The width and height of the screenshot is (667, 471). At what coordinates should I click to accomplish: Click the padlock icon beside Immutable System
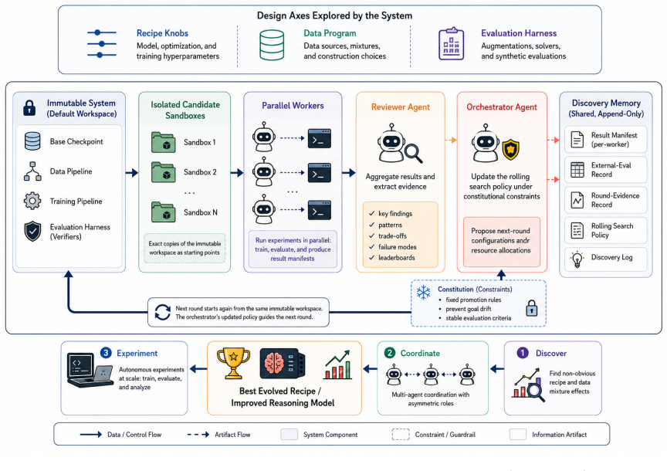point(29,108)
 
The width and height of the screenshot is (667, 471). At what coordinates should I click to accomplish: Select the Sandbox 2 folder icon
point(164,172)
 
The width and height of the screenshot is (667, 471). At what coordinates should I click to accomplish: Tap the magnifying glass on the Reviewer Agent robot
point(413,153)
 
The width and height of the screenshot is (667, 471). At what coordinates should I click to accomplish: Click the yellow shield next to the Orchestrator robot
point(510,150)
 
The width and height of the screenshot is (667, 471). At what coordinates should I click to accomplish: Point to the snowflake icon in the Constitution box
point(423,293)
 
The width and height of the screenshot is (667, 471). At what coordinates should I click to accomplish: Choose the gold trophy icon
point(233,363)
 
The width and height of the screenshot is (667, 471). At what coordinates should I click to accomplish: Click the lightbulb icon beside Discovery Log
point(577,259)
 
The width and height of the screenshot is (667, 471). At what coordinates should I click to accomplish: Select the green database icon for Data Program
point(272,45)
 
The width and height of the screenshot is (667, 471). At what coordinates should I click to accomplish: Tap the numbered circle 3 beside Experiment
point(106,353)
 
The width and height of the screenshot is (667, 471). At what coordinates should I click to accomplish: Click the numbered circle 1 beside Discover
point(523,353)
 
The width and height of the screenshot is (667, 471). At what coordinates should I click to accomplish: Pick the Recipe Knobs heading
point(162,33)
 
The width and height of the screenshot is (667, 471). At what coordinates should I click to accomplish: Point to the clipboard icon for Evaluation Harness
point(451,44)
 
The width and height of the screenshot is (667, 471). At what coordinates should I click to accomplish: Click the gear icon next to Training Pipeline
point(32,201)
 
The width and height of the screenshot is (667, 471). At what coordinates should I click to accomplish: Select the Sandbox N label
point(201,212)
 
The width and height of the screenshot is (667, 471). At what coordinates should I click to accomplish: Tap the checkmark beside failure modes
point(372,246)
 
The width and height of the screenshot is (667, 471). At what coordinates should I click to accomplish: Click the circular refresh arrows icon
point(162,312)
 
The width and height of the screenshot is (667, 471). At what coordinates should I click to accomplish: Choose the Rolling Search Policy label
point(612,230)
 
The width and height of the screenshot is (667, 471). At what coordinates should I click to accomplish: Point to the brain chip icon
point(283,364)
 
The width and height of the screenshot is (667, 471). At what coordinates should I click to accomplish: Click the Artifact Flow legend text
point(232,435)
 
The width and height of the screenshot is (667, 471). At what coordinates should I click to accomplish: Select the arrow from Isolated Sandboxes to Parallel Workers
point(237,173)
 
